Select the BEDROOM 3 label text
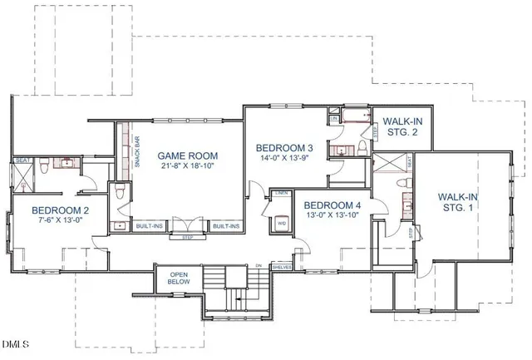(284, 147)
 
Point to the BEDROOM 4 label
(332, 205)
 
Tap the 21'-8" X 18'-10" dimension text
(188, 165)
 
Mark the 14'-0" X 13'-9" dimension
(284, 158)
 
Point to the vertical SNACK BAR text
(136, 150)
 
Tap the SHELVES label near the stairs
(281, 267)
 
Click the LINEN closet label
(282, 193)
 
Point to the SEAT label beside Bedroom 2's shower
(21, 161)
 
